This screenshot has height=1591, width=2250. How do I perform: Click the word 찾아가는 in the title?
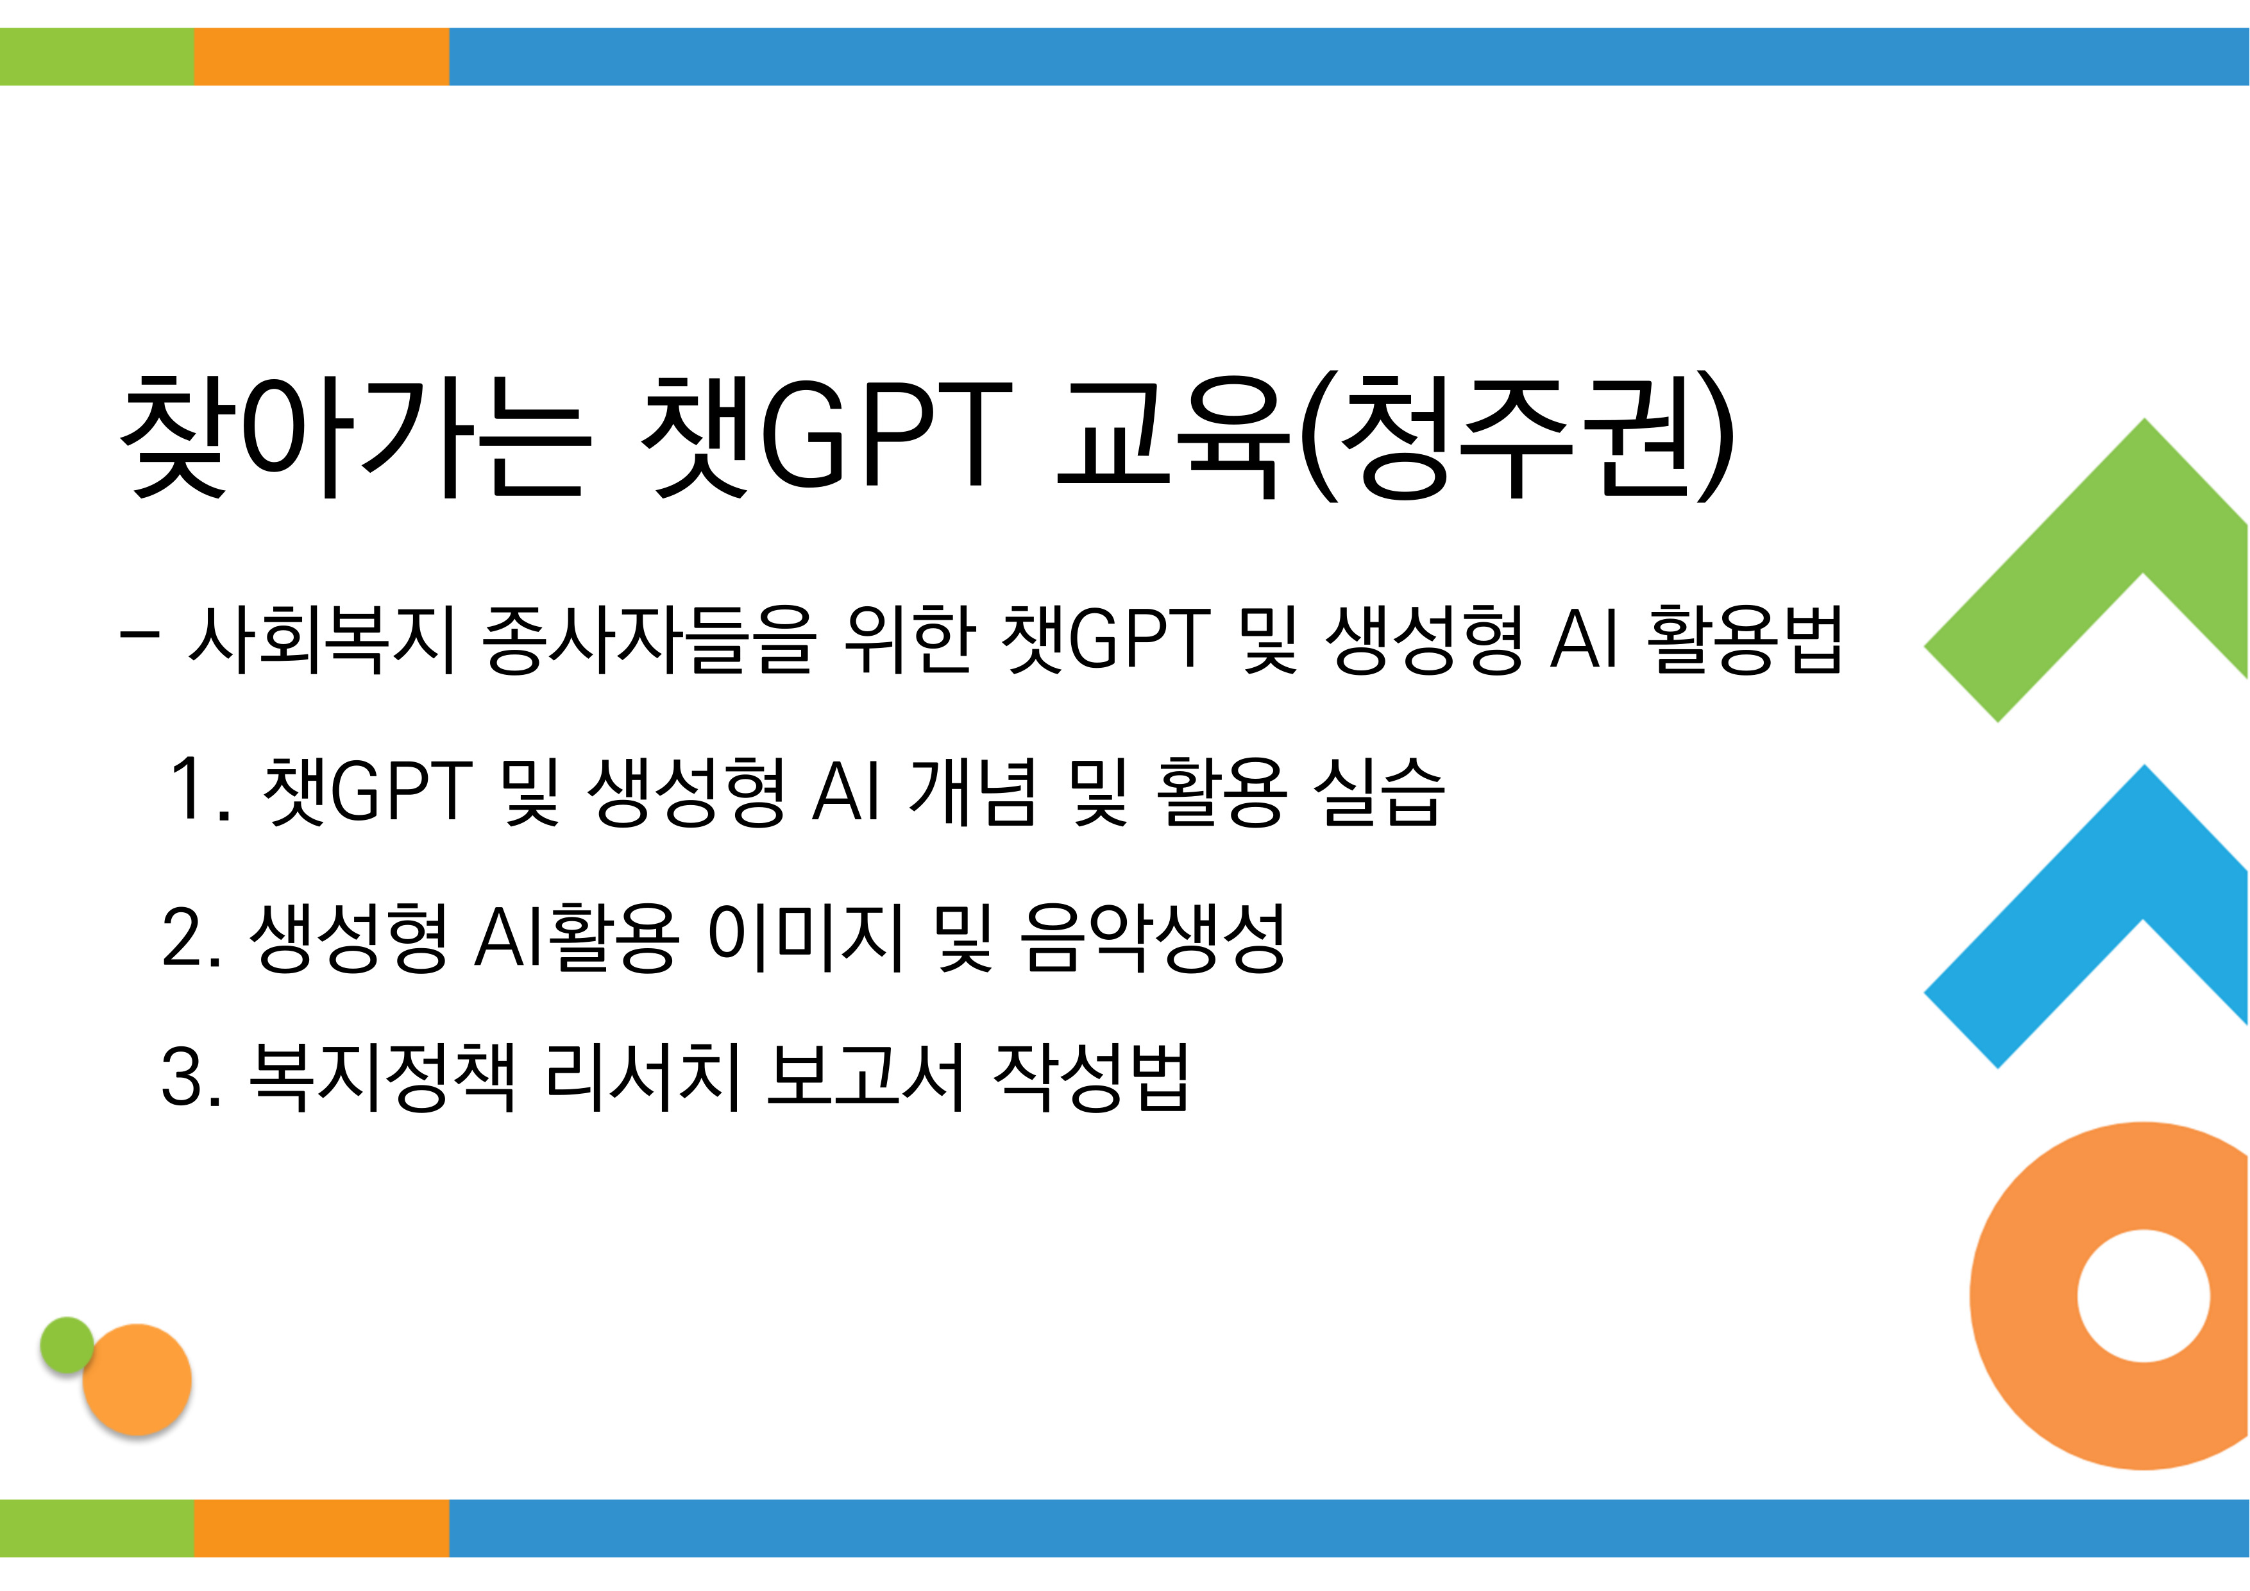357,438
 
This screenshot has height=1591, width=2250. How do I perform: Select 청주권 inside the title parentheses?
1518,438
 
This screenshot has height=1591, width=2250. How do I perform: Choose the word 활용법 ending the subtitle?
1745,639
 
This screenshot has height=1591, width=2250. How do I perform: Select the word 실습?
1379,790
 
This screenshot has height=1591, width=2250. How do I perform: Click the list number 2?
191,937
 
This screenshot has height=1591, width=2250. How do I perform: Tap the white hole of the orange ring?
2143,1296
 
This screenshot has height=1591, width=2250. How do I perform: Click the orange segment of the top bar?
321,57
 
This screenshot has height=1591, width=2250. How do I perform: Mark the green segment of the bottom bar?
97,1528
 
